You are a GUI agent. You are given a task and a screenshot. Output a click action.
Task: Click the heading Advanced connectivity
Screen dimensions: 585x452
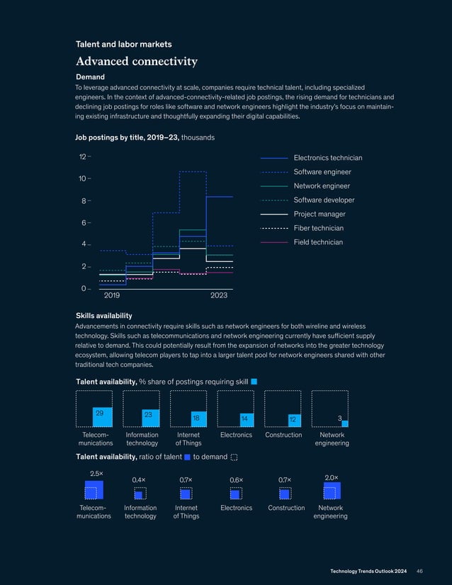(x=136, y=61)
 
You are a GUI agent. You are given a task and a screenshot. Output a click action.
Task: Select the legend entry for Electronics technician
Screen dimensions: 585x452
(x=327, y=158)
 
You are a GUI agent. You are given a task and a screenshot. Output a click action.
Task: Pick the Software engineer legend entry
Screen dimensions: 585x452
(x=322, y=172)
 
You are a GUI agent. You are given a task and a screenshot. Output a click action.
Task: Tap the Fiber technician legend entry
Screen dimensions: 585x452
(x=318, y=228)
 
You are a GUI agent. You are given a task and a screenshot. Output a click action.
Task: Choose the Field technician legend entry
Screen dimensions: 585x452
(x=317, y=242)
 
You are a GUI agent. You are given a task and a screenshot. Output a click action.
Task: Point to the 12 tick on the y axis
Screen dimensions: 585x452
(x=82, y=157)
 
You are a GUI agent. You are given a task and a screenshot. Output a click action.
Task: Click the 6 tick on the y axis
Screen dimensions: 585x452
(x=83, y=223)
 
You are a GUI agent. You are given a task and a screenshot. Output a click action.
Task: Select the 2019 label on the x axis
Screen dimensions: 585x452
(x=112, y=294)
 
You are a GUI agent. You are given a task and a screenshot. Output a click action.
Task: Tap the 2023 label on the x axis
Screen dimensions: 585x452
(x=220, y=294)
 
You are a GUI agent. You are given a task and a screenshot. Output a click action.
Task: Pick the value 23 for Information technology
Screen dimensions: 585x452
(x=148, y=414)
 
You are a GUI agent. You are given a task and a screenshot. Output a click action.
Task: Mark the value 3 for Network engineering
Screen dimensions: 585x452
(x=340, y=418)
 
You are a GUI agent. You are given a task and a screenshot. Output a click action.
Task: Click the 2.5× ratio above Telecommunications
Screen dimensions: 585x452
(x=96, y=472)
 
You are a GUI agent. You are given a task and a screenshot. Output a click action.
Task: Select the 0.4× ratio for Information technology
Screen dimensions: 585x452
(x=139, y=479)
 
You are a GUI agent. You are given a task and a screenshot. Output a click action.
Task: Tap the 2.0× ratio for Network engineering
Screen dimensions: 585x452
(x=331, y=478)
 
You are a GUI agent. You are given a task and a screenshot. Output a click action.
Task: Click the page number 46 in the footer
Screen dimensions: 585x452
(x=419, y=571)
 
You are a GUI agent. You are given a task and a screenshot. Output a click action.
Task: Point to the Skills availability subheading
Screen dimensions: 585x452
(x=103, y=315)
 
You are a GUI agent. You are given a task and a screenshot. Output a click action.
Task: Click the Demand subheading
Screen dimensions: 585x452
(x=90, y=76)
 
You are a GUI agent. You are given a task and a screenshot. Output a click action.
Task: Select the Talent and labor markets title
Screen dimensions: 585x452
(x=123, y=44)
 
